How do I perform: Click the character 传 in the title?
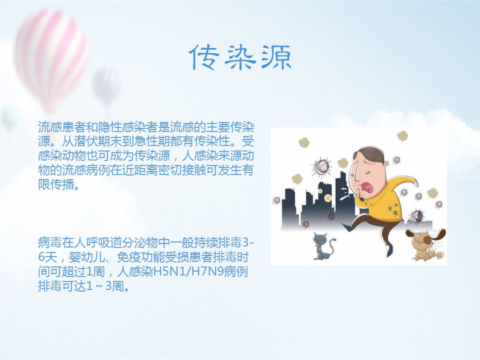[204, 57]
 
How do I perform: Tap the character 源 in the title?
[276, 57]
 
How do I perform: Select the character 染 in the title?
[240, 57]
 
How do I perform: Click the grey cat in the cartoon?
[323, 246]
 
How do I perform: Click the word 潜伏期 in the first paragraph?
[91, 141]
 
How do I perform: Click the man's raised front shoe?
[347, 227]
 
